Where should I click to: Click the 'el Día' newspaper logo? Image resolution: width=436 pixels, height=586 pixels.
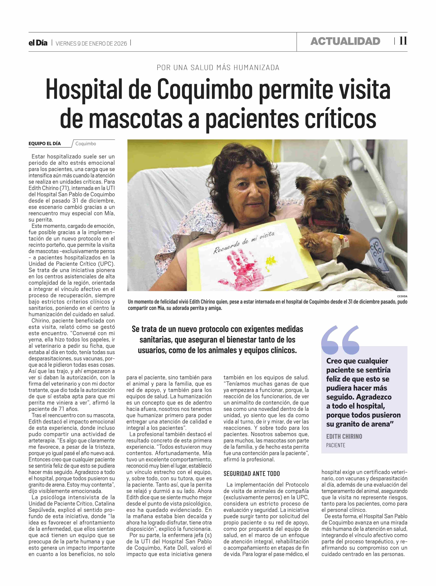click(x=38, y=43)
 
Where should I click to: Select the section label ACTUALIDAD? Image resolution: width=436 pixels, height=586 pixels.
click(x=345, y=41)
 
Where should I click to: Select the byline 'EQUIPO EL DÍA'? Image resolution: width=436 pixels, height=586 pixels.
click(x=45, y=144)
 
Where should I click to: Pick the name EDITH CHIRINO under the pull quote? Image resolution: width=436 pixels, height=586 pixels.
click(x=344, y=437)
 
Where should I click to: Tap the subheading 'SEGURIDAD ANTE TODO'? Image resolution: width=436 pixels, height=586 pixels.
click(x=252, y=474)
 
